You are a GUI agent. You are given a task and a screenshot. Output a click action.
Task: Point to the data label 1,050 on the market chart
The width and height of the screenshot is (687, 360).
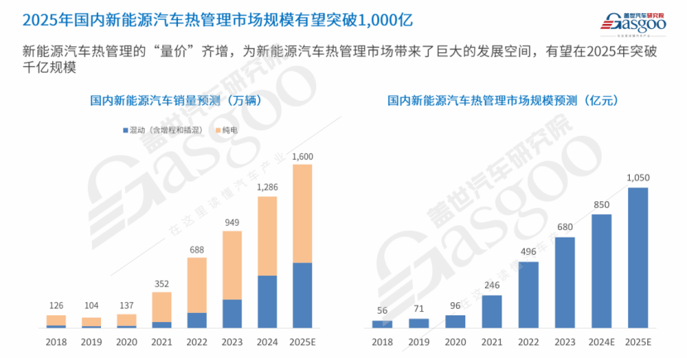pos(637,178)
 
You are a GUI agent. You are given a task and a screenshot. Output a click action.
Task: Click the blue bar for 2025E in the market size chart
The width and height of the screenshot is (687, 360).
pos(637,257)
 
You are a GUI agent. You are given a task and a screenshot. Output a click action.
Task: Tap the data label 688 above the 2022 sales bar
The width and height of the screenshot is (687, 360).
pos(198,249)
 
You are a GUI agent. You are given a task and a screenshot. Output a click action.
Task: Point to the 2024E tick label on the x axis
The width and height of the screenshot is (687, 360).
pos(602,341)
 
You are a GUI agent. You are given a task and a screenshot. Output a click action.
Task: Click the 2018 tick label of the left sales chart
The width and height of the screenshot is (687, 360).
pos(56,341)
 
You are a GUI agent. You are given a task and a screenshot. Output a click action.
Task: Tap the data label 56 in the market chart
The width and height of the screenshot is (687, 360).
pos(382,311)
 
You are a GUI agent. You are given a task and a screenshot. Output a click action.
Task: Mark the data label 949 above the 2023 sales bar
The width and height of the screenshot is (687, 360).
pos(233,222)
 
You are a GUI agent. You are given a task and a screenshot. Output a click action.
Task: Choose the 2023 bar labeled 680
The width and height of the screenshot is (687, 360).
pos(564,282)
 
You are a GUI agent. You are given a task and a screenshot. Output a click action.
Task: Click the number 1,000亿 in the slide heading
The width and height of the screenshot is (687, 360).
pos(383,18)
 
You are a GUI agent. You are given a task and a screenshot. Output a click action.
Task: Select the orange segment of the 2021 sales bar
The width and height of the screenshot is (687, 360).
pos(162,306)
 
